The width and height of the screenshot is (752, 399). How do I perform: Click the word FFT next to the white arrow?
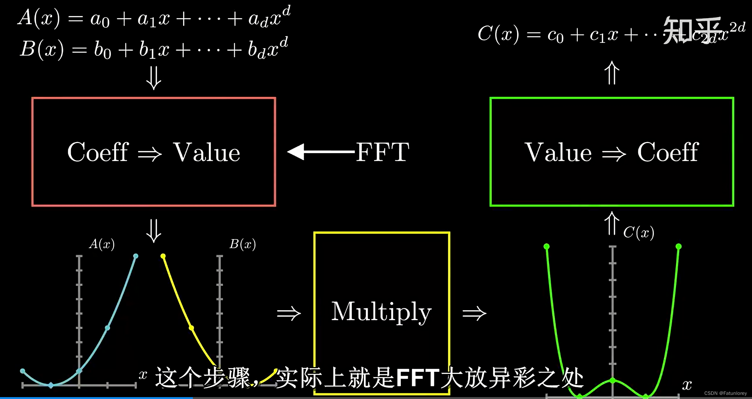[x=382, y=152]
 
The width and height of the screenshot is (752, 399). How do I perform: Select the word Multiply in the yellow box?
[x=381, y=312]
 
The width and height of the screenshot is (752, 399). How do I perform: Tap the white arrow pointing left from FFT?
[x=320, y=152]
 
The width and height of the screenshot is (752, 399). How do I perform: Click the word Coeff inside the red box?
[x=98, y=152]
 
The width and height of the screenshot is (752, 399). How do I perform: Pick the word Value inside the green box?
[x=558, y=152]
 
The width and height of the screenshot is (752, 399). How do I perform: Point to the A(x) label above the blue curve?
[x=102, y=244]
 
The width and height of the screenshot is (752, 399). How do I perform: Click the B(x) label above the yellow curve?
[x=242, y=244]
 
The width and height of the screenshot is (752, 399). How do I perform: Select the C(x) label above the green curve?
[x=638, y=232]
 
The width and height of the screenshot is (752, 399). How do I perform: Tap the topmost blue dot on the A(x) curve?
[x=135, y=256]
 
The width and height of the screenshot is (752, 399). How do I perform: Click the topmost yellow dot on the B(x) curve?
[x=163, y=256]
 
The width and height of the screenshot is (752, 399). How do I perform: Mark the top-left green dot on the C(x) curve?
[x=546, y=246]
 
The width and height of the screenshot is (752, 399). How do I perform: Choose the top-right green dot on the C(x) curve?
[x=678, y=246]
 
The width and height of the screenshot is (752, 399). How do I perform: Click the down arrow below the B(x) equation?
[x=154, y=78]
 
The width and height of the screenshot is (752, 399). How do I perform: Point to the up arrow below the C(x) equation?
[x=612, y=73]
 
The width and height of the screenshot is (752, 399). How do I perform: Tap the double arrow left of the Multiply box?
[x=289, y=313]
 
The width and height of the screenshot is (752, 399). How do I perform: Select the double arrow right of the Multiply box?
[x=474, y=313]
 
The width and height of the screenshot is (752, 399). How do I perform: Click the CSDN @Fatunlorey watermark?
[x=725, y=393]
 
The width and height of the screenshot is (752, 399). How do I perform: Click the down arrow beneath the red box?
[x=154, y=231]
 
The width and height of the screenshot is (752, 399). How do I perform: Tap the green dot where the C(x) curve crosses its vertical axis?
[x=613, y=380]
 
